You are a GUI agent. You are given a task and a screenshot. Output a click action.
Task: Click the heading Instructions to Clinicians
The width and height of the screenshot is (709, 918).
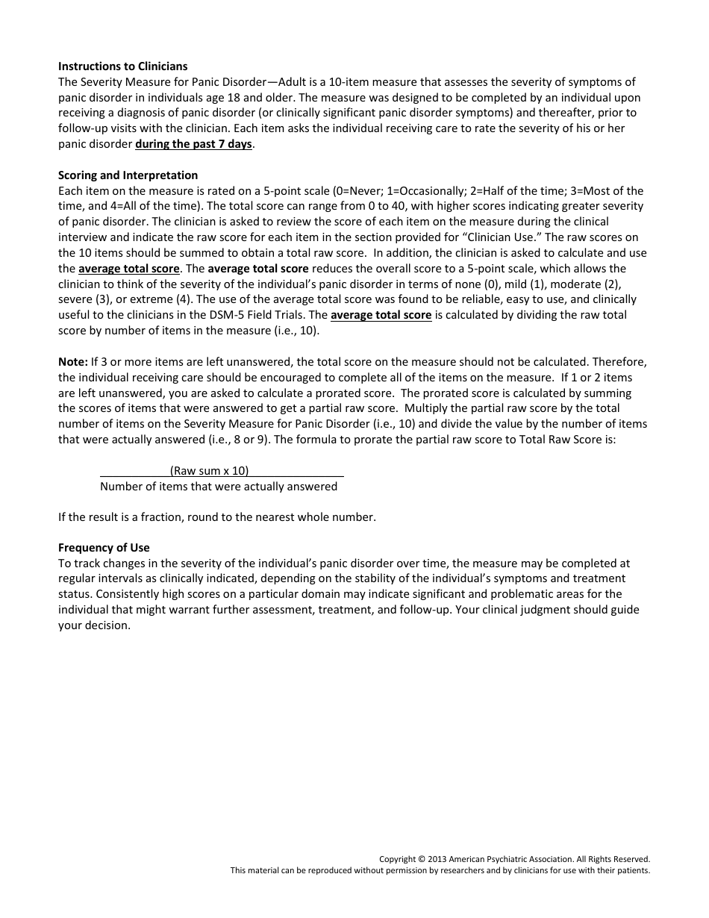tap(123, 66)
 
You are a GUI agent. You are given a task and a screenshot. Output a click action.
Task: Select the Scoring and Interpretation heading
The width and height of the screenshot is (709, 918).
tap(128, 175)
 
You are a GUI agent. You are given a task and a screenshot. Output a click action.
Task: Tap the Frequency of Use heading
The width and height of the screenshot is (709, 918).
tap(104, 547)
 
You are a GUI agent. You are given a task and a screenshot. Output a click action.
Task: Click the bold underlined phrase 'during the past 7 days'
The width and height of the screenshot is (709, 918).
tap(193, 144)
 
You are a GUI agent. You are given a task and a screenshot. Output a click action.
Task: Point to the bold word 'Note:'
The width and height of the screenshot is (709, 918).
tap(73, 361)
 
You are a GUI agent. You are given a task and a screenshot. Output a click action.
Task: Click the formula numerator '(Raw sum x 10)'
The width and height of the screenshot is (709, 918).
tap(210, 470)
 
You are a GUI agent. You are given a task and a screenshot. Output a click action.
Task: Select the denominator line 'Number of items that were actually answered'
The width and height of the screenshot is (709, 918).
tap(219, 487)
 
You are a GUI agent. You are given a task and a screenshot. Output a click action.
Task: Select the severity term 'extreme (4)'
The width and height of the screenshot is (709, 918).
tap(143, 299)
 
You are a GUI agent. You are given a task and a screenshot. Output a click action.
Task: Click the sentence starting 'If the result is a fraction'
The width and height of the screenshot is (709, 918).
tap(216, 516)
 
